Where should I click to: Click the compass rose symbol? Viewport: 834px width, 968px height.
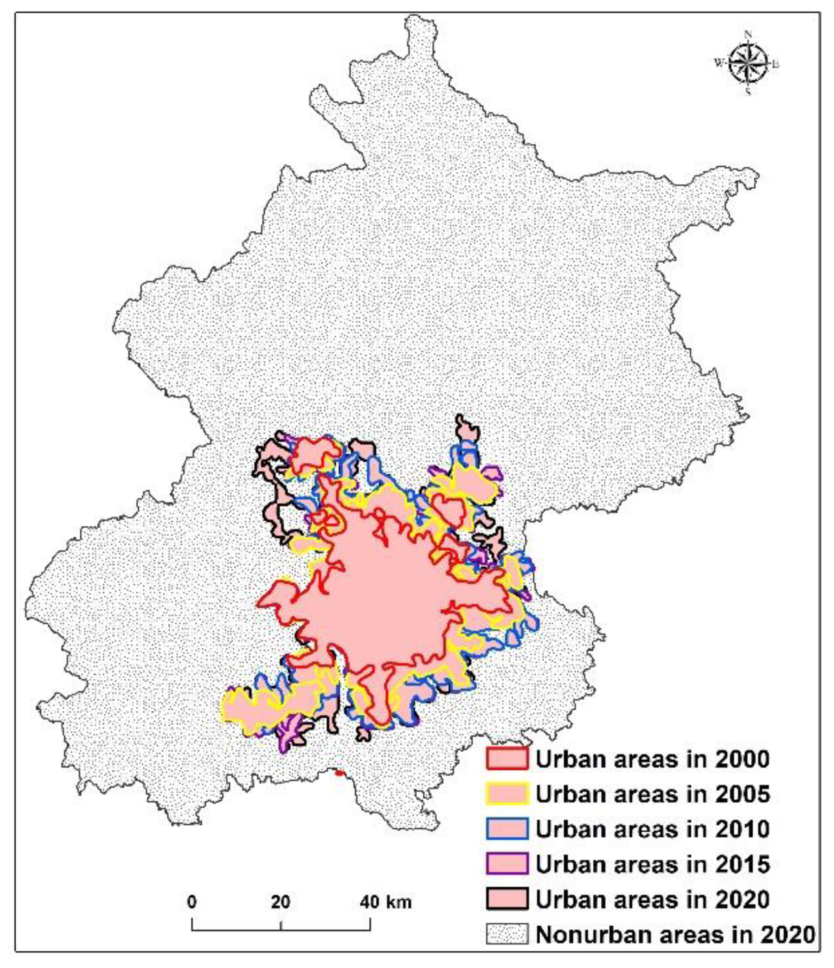click(x=747, y=63)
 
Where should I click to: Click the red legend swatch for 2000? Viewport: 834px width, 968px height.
click(x=507, y=758)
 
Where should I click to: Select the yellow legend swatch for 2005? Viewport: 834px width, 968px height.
click(x=507, y=793)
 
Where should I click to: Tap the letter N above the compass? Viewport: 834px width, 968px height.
click(x=748, y=34)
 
